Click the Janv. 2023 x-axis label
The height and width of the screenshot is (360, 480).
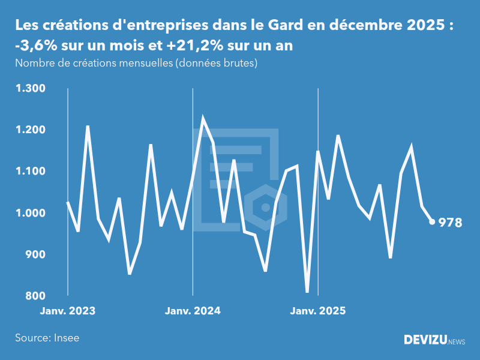(68, 311)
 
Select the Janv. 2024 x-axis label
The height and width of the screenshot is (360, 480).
(193, 311)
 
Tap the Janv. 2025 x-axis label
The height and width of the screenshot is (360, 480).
(318, 311)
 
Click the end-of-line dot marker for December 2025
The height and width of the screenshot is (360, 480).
(432, 222)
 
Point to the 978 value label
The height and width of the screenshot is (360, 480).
(450, 223)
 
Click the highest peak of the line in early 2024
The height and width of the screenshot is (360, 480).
(203, 119)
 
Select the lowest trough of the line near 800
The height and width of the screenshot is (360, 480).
(307, 292)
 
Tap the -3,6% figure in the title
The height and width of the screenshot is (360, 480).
(36, 46)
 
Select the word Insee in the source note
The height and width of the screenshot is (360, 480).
(65, 338)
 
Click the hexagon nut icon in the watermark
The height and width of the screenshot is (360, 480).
(265, 208)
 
